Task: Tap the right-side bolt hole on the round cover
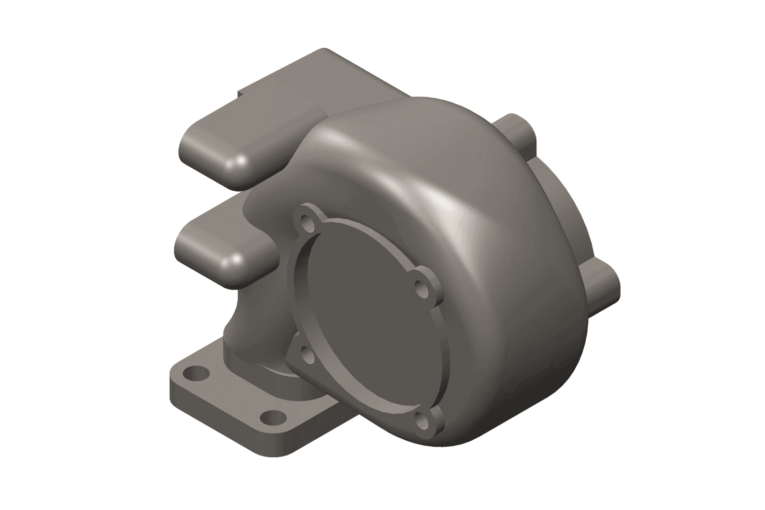422,288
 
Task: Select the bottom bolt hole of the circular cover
422,408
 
